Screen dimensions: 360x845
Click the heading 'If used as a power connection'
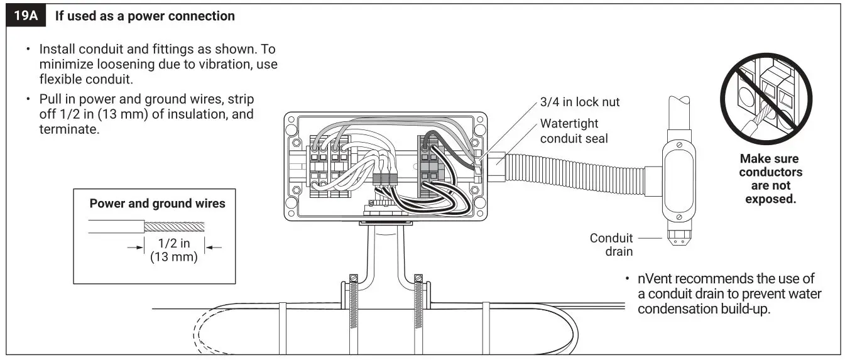pyautogui.click(x=144, y=16)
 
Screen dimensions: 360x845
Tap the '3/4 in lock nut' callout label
pyautogui.click(x=579, y=102)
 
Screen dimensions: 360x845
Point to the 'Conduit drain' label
pyautogui.click(x=611, y=245)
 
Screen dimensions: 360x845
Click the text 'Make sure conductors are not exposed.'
pyautogui.click(x=770, y=179)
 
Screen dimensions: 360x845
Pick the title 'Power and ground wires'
pyautogui.click(x=157, y=204)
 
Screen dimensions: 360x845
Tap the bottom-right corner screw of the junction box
pyautogui.click(x=480, y=205)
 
